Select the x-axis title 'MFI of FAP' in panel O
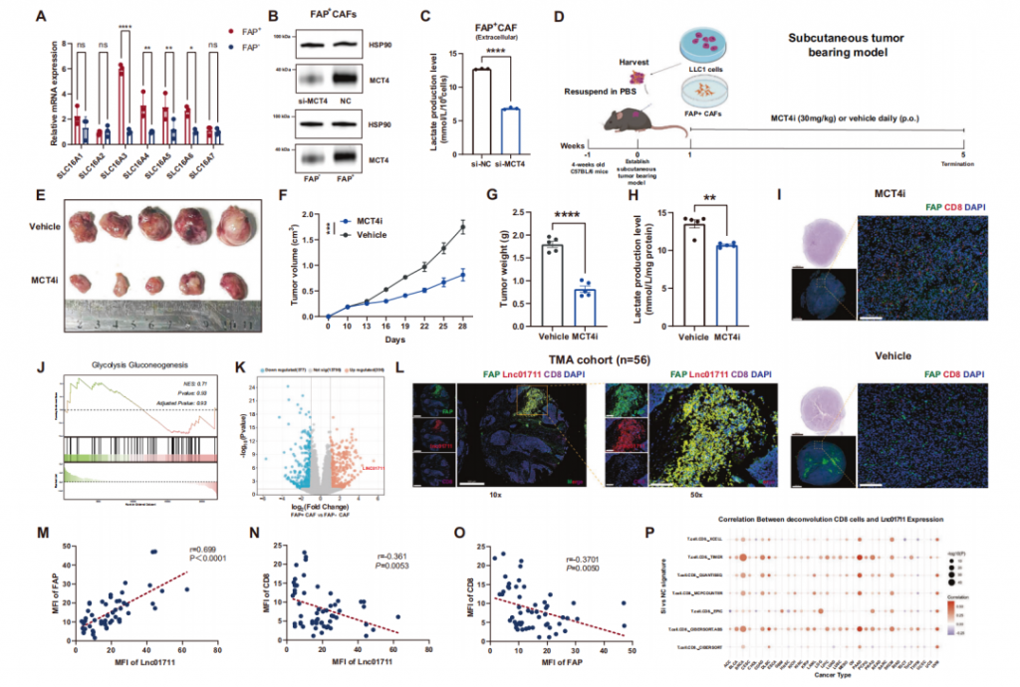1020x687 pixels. pos(558,661)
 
